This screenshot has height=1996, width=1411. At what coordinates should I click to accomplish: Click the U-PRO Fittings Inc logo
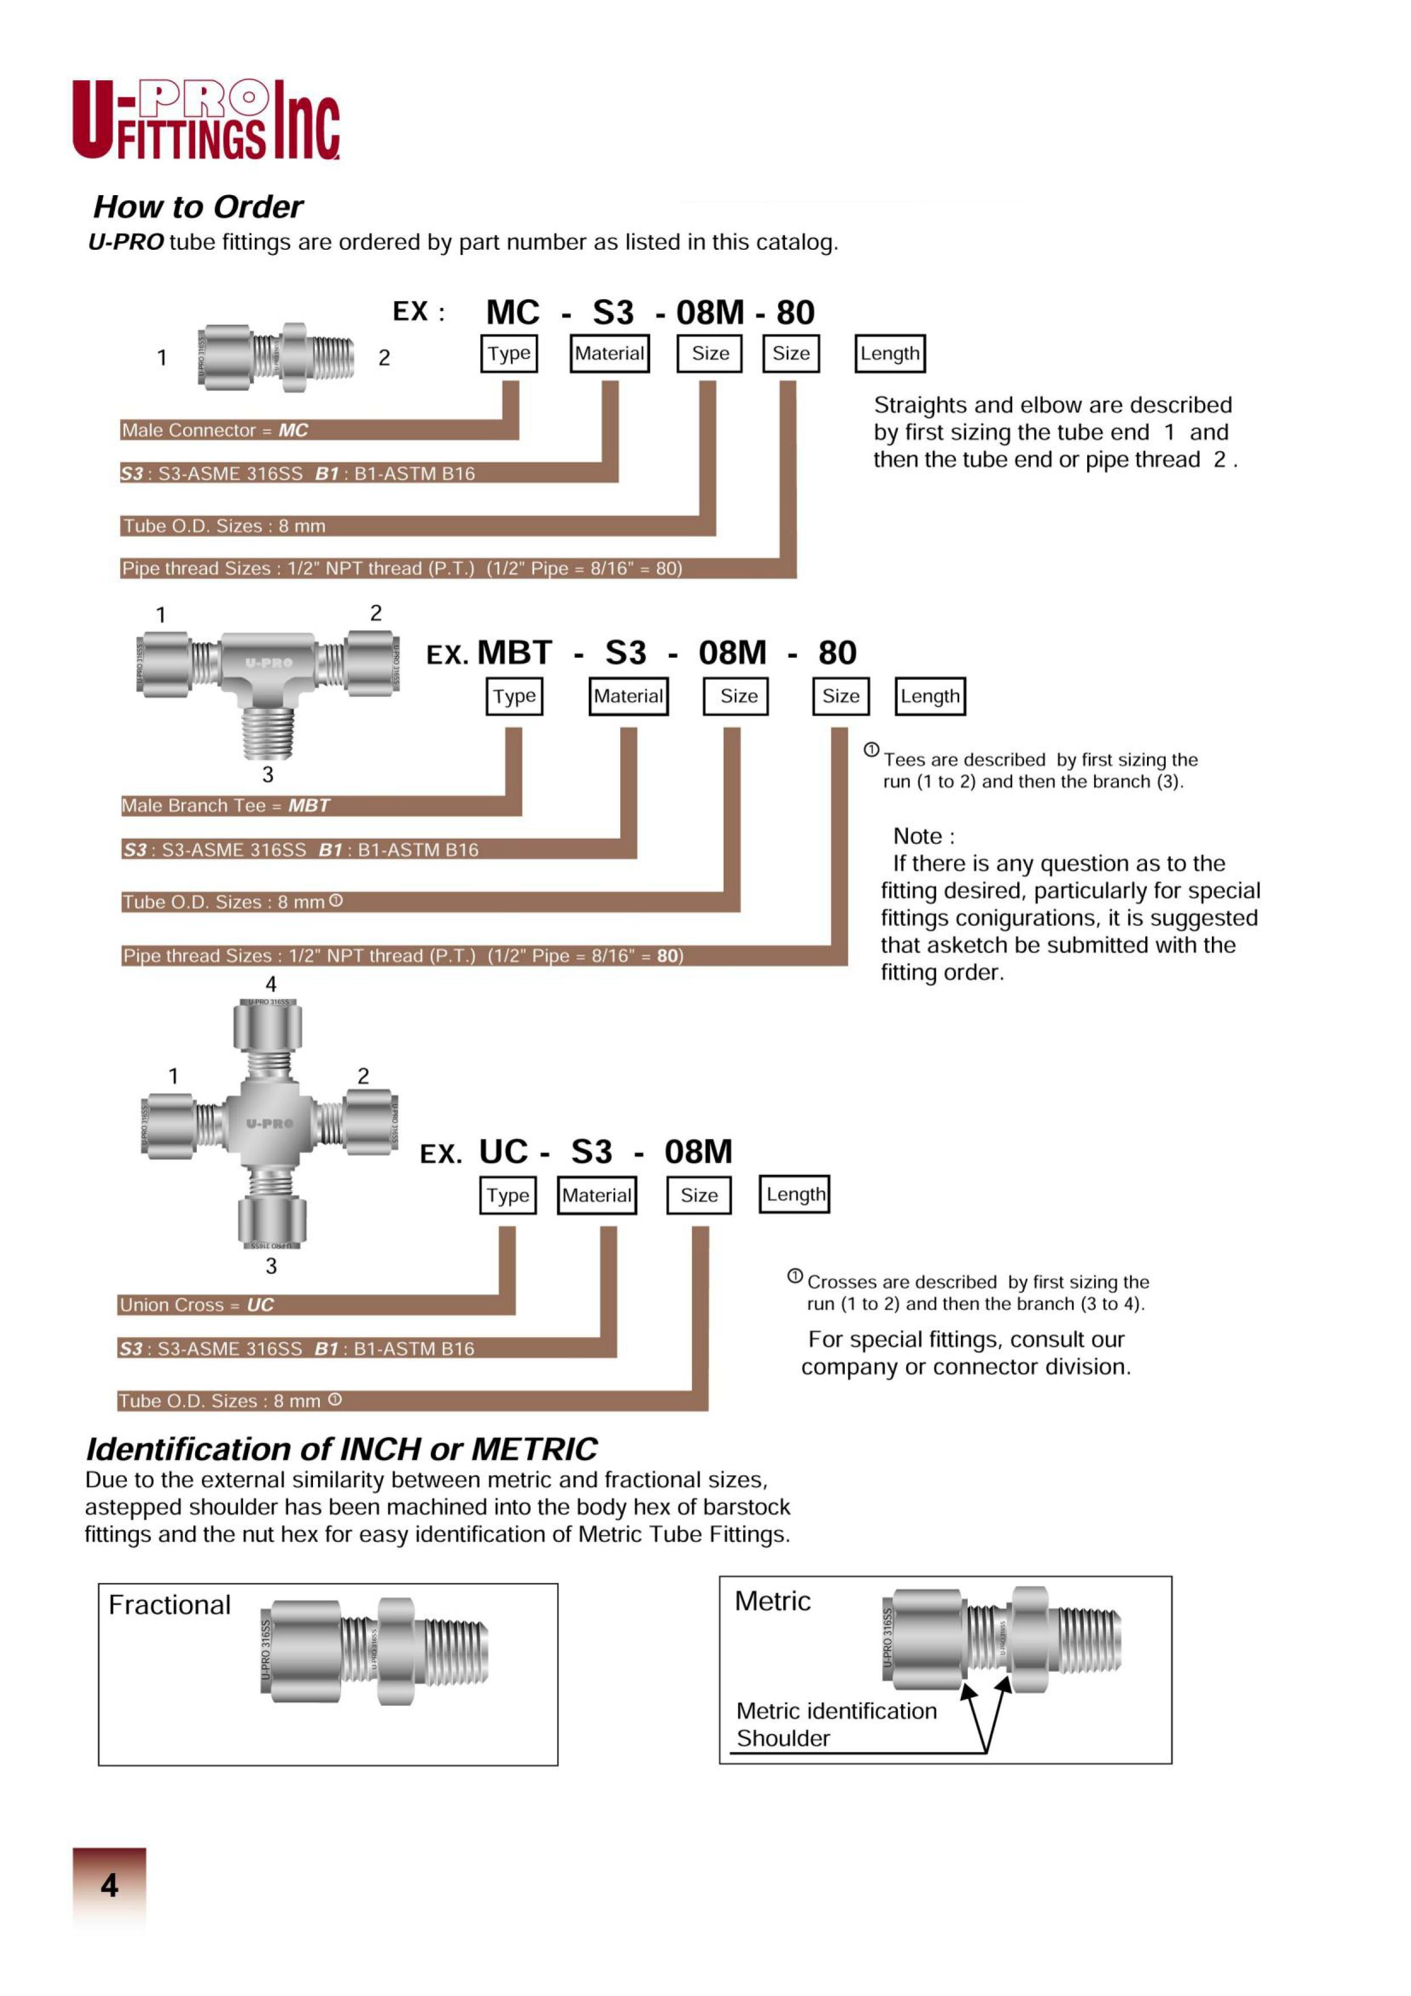pyautogui.click(x=205, y=120)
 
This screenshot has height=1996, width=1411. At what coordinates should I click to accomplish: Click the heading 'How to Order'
pyautogui.click(x=198, y=207)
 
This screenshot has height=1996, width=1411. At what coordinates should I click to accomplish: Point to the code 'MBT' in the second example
pyautogui.click(x=515, y=653)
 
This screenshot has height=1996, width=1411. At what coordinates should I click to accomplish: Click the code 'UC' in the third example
pyautogui.click(x=504, y=1152)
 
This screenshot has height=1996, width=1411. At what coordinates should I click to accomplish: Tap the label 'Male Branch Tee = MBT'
pyautogui.click(x=225, y=806)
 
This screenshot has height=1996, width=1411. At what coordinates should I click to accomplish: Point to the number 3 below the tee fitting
pyautogui.click(x=268, y=774)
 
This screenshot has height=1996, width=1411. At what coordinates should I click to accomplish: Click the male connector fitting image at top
pyautogui.click(x=275, y=357)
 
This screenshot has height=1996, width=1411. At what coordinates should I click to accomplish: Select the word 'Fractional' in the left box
pyautogui.click(x=170, y=1605)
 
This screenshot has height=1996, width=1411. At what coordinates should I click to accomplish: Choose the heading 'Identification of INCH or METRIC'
pyautogui.click(x=342, y=1449)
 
